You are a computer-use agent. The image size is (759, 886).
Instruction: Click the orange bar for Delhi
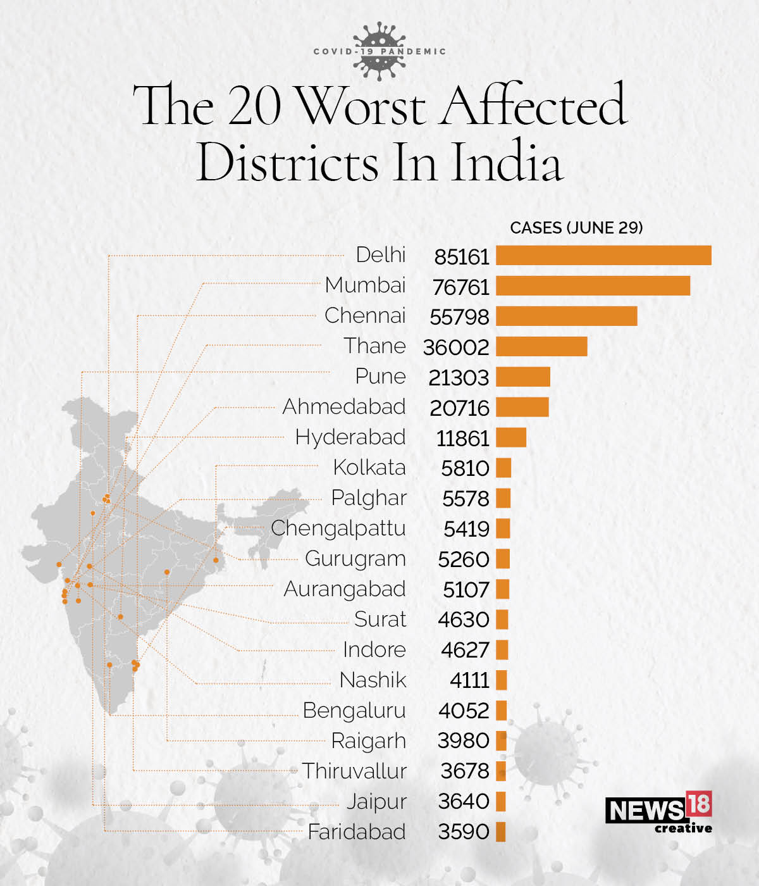coord(603,256)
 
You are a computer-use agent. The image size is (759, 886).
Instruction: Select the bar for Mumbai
coord(593,286)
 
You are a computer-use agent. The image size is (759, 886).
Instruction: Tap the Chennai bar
coord(566,316)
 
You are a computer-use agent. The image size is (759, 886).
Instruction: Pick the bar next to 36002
coord(541,347)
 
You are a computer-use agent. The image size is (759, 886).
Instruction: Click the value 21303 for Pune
coord(459,378)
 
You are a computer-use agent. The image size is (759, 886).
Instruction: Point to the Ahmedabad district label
coord(343,407)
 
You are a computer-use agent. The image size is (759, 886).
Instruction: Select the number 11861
coord(462,439)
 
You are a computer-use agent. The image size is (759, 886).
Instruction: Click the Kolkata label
coord(369,468)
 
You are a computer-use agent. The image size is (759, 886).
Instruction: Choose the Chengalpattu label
coord(338,528)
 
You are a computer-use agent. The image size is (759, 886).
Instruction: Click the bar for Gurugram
coord(503,559)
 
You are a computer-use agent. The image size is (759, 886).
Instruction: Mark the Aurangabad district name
coord(344,589)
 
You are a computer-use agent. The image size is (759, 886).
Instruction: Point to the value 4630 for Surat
coord(464,620)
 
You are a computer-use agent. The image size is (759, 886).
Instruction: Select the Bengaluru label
coord(354,711)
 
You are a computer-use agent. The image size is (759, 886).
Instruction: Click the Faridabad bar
coord(500,832)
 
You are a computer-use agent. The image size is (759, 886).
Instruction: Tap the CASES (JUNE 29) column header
coord(576,228)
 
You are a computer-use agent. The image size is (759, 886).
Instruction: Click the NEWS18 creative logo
coord(658,813)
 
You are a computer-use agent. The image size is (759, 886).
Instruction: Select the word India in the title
coord(505,162)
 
